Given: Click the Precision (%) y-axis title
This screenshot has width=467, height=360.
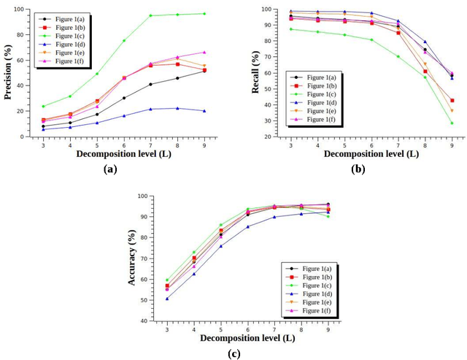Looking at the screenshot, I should (8, 73).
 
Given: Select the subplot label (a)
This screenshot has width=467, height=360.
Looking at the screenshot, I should (110, 169).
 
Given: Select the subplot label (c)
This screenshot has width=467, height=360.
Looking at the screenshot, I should (234, 354).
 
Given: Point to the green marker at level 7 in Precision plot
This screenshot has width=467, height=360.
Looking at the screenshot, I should (151, 15).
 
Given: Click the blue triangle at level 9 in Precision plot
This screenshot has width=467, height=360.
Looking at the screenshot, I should (204, 111).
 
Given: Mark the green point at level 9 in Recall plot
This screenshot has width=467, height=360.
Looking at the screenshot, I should (452, 123).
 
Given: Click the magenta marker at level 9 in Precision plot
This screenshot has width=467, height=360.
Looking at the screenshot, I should (204, 52).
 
